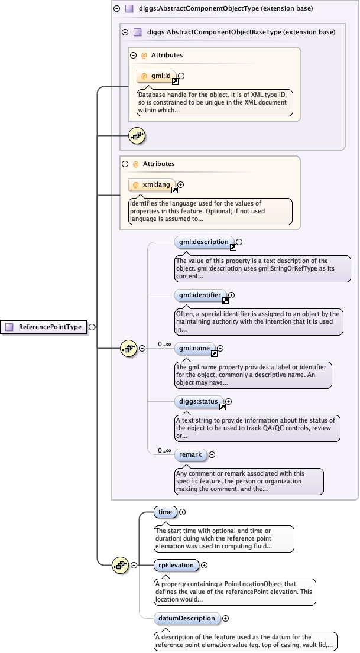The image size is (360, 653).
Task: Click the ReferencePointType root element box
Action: pos(45,327)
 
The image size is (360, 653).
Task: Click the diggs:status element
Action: pos(199,402)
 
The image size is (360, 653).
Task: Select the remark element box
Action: pos(190,455)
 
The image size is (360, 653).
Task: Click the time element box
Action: pos(165,512)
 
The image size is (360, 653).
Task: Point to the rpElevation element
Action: pos(176,565)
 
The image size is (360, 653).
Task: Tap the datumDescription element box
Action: pos(187,618)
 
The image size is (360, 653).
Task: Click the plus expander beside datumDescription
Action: pos(226,618)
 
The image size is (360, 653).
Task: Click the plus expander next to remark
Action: pos(212,455)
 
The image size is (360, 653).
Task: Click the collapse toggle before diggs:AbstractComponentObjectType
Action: pos(116,9)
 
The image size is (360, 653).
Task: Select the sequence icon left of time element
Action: pos(121,565)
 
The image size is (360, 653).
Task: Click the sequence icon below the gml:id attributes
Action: pos(137,136)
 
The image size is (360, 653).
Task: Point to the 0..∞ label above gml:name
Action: pos(164,344)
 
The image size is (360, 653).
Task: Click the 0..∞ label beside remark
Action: pos(164,451)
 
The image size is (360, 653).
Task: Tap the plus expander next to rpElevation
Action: pos(204,565)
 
